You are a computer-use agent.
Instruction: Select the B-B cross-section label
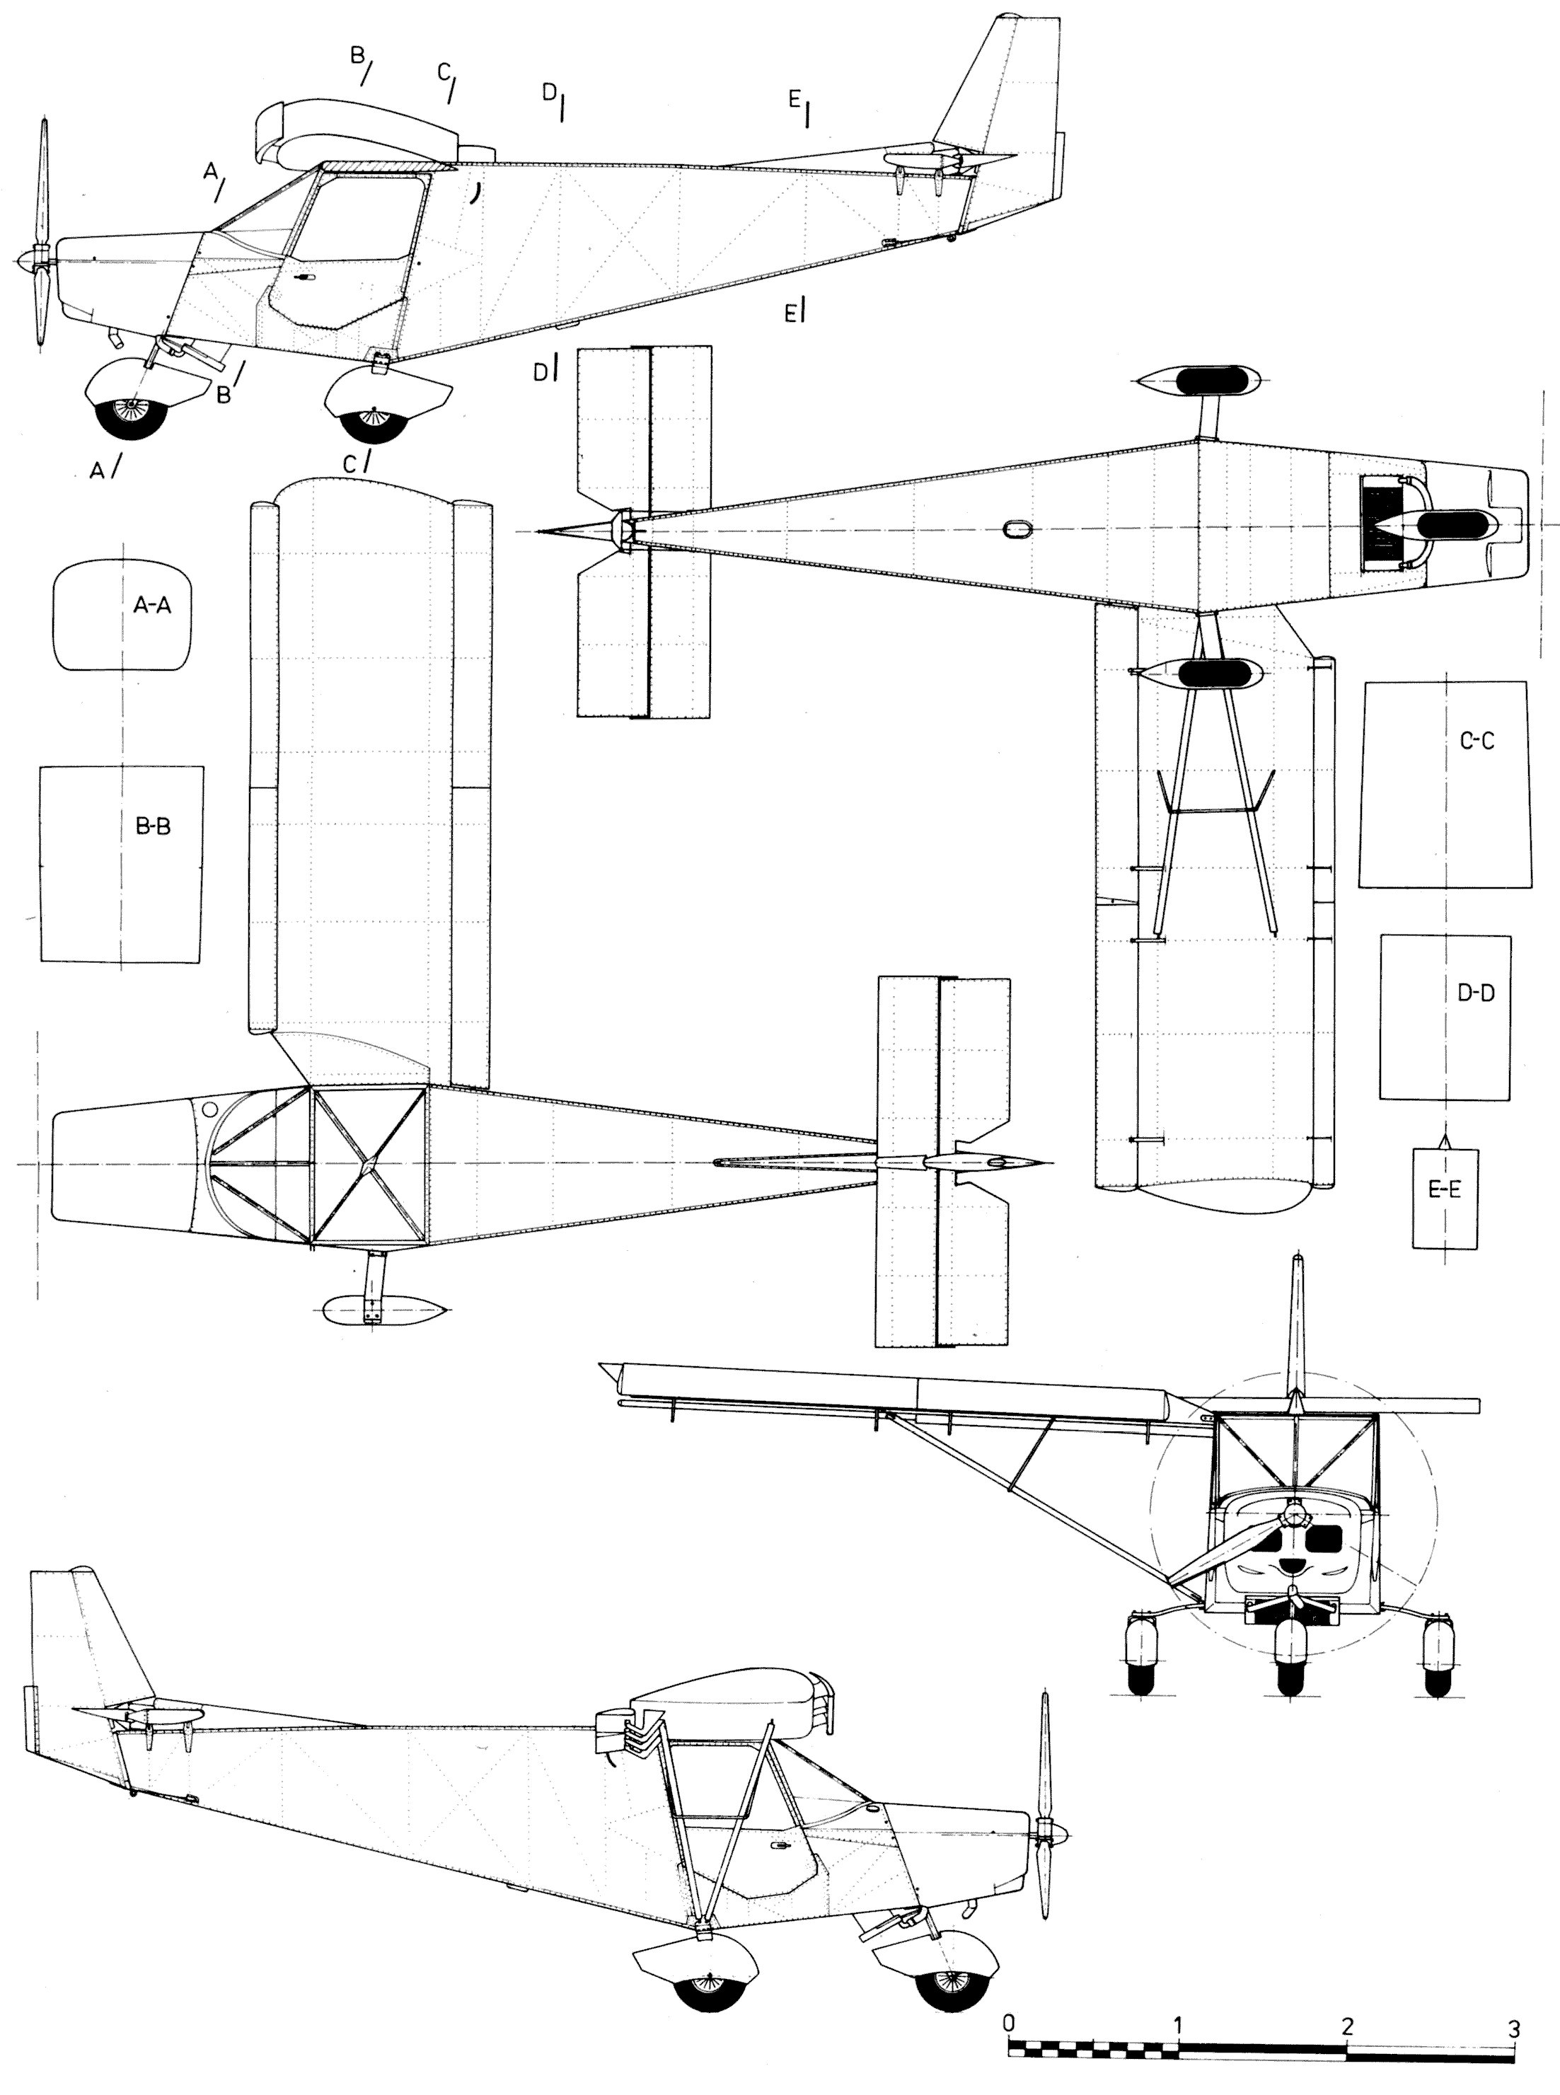[152, 826]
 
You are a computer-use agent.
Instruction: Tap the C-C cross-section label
[1476, 741]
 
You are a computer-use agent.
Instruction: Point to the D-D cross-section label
[1475, 993]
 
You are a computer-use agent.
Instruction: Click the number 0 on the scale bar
[1010, 2022]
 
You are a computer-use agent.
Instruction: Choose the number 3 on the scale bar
[1514, 2024]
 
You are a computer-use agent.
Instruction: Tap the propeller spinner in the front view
[1291, 1517]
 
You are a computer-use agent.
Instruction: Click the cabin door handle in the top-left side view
[305, 279]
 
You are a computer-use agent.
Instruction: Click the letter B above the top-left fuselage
[357, 56]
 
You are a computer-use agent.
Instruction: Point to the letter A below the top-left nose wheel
[96, 471]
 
